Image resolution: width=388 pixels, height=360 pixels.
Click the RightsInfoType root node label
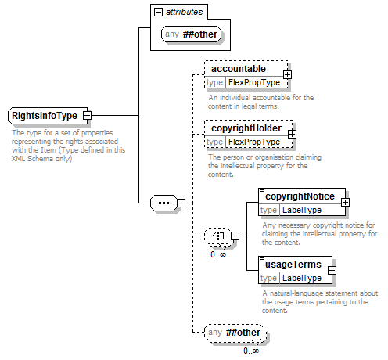pyautogui.click(x=45, y=116)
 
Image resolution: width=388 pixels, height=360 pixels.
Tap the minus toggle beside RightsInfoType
pyautogui.click(x=87, y=115)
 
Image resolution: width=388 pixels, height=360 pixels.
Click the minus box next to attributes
pyautogui.click(x=158, y=12)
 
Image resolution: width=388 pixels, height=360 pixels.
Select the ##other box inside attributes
pyautogui.click(x=191, y=34)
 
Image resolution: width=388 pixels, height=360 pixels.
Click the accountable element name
pyautogui.click(x=239, y=69)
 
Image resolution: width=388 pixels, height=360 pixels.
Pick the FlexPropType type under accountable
pyautogui.click(x=254, y=82)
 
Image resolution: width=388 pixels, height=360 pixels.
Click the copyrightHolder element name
pyautogui.click(x=246, y=128)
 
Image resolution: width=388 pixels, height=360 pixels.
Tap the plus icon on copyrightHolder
pyautogui.click(x=292, y=134)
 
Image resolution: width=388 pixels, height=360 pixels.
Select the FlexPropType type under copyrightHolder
pyautogui.click(x=254, y=142)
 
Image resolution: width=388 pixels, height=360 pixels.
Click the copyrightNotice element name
pyautogui.click(x=300, y=196)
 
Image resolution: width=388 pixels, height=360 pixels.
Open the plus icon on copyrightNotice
pyautogui.click(x=345, y=202)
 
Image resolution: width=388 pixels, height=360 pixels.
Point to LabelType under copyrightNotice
pyautogui.click(x=302, y=210)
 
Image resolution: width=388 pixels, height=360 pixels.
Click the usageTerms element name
pyautogui.click(x=293, y=265)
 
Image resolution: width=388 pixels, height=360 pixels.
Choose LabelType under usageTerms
pyautogui.click(x=302, y=278)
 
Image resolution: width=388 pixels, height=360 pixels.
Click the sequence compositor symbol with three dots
pyautogui.click(x=163, y=203)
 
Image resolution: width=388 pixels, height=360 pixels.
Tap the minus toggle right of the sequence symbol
pyautogui.click(x=181, y=203)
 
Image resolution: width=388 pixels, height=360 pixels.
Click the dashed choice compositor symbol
pyautogui.click(x=217, y=236)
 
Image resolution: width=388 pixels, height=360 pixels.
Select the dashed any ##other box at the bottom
pyautogui.click(x=235, y=333)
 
